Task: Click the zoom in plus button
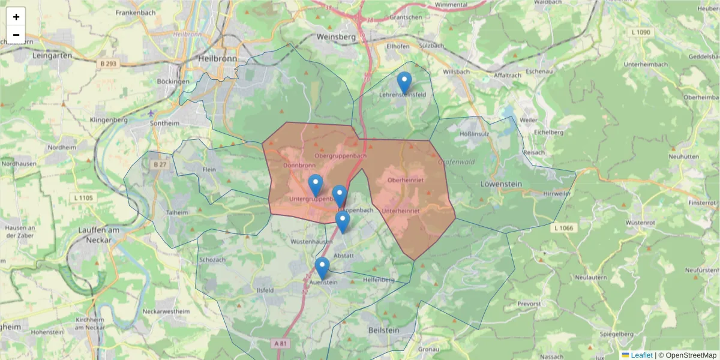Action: [16, 17]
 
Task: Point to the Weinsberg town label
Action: [336, 37]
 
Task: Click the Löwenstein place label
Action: [501, 184]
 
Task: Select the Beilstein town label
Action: [382, 331]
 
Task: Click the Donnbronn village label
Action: [299, 165]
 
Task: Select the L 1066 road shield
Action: [565, 227]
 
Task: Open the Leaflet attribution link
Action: [641, 355]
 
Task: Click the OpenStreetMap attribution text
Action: [688, 355]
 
